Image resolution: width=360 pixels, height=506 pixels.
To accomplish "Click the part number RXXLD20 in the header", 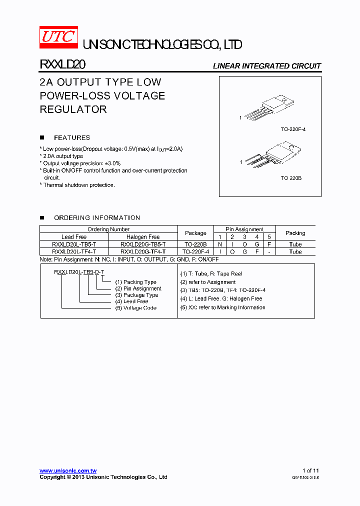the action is point(62,65).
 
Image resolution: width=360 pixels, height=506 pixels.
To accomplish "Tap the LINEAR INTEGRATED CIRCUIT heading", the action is point(267,66).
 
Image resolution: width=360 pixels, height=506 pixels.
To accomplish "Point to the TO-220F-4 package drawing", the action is point(269,107).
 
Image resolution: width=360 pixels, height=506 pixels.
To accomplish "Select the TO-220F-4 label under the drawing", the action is point(293,129).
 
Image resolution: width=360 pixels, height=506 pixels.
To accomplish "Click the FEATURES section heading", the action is point(72,137).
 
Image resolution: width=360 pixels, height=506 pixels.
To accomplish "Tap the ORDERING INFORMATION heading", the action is point(97,218).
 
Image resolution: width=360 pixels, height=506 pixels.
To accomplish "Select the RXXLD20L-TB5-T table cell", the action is point(74,244).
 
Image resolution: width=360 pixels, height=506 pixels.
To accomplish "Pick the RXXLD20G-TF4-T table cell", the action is point(143,251).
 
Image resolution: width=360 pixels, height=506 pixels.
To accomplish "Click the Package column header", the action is point(195,233).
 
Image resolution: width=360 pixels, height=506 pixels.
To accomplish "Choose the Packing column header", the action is point(295,233).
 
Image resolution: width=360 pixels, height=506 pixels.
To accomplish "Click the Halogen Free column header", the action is point(143,237).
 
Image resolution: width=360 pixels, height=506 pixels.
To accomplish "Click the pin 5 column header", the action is point(269,237).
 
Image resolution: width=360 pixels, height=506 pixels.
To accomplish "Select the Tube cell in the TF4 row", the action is point(295,251).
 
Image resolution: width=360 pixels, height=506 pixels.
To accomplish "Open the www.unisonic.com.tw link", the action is point(68,471).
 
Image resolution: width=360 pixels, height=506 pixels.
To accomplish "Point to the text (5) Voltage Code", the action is point(135,308).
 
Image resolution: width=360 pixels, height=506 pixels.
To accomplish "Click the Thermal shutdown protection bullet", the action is point(77,185).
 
